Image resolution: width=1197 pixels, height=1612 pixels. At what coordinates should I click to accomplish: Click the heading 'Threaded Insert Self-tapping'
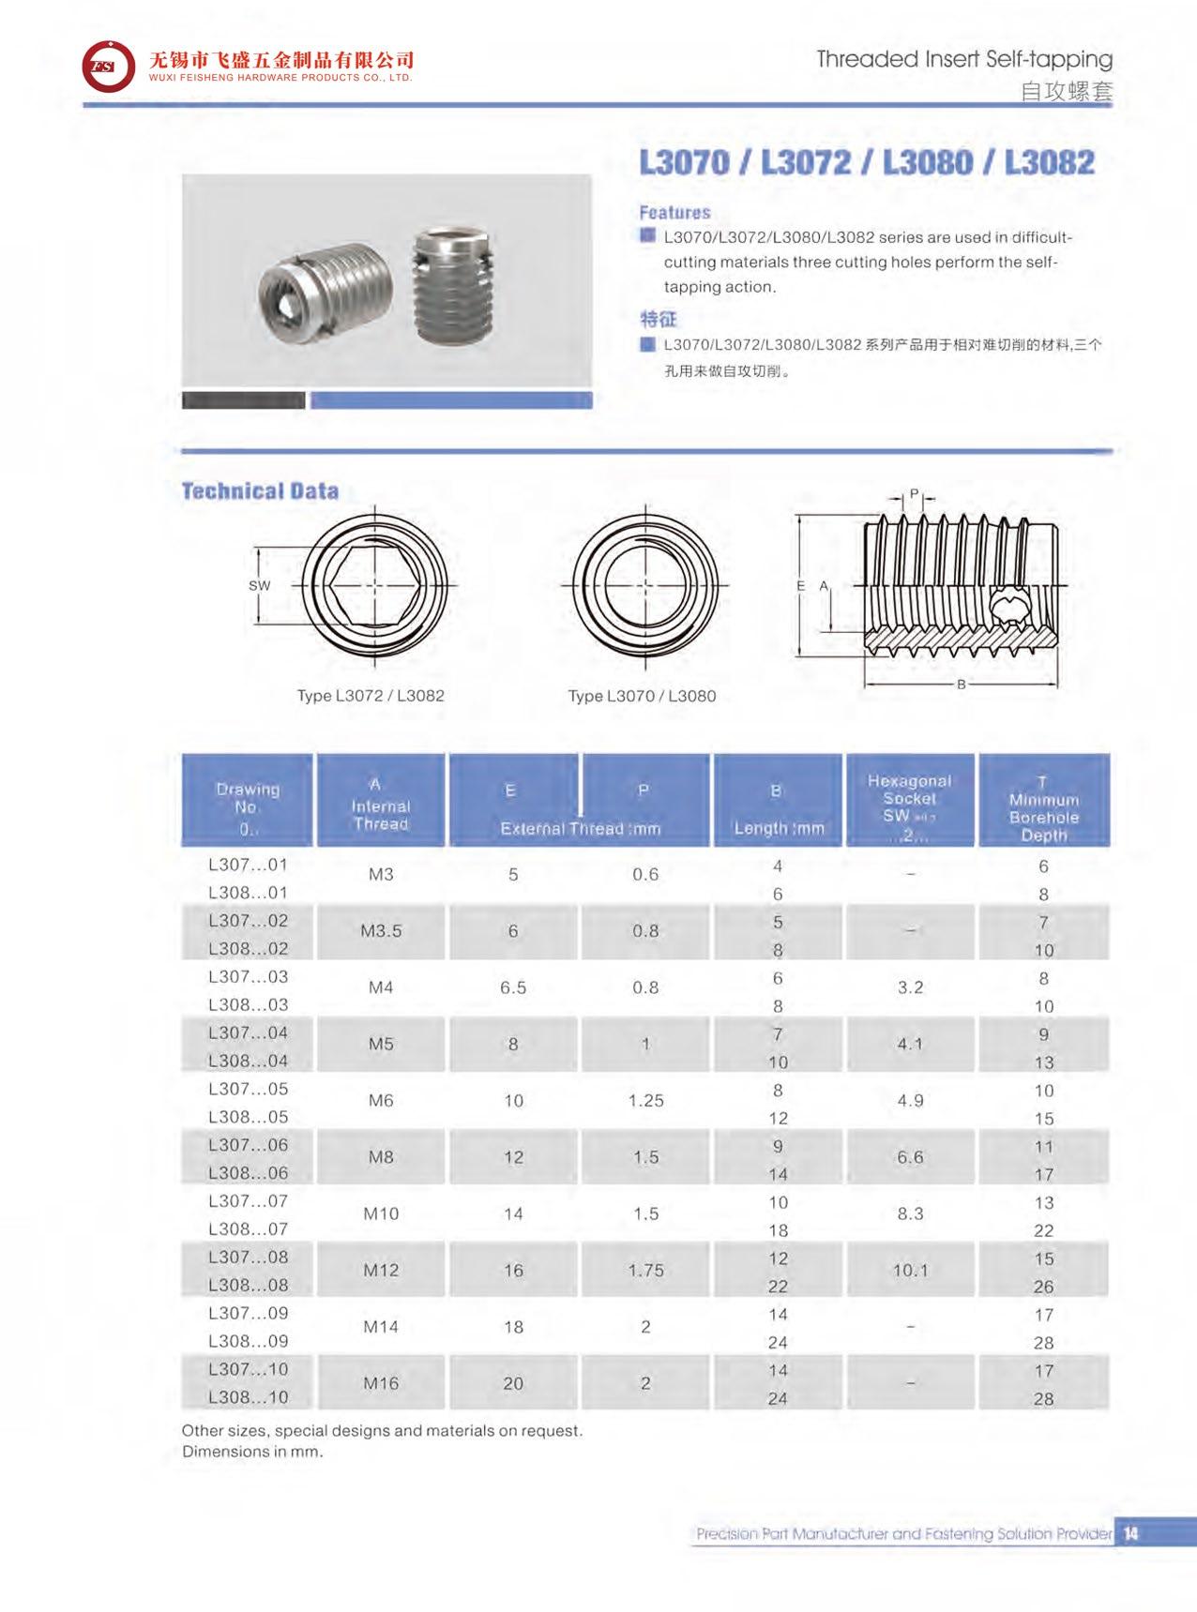click(963, 59)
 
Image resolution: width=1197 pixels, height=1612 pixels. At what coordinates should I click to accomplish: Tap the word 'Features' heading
click(674, 213)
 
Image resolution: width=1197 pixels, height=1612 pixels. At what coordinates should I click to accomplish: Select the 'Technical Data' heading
click(260, 491)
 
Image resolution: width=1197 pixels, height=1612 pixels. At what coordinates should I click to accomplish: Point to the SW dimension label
click(260, 586)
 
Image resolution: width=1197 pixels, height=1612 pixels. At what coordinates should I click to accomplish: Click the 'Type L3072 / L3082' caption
click(371, 696)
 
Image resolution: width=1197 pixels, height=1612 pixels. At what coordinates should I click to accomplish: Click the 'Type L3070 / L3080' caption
click(642, 696)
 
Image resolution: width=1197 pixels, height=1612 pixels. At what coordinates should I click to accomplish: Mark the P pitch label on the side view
click(915, 494)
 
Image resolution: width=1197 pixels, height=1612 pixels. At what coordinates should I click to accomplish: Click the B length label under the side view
click(961, 685)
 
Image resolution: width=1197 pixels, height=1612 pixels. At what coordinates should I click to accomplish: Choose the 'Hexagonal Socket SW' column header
click(909, 800)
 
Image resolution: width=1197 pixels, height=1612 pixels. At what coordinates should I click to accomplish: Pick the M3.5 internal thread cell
click(381, 931)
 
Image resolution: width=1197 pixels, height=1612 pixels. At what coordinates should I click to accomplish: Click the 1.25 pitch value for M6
click(645, 1101)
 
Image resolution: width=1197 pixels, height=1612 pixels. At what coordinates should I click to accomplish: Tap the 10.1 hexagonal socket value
click(910, 1271)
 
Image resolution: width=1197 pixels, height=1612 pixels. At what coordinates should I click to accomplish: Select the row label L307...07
click(248, 1201)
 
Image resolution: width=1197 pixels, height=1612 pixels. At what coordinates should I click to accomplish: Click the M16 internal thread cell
click(381, 1383)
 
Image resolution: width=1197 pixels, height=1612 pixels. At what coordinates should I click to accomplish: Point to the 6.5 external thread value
click(513, 988)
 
